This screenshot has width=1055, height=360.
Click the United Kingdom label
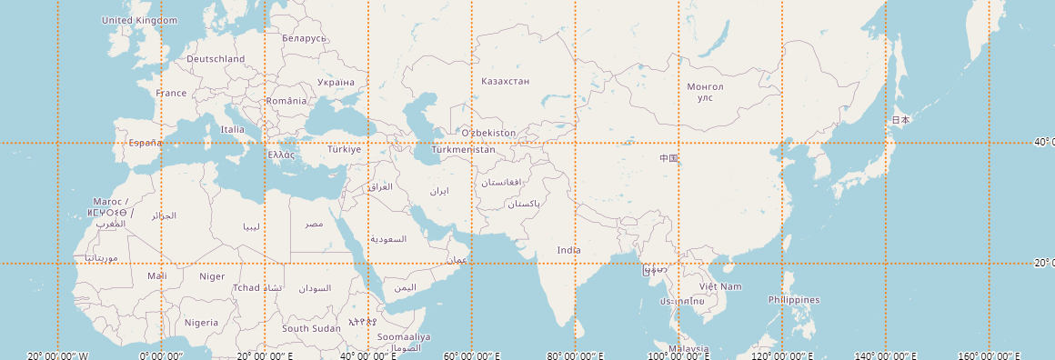pos(139,20)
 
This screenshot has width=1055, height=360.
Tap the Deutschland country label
pos(216,59)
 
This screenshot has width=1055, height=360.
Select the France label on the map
pos(171,93)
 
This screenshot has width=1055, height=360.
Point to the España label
pos(146,143)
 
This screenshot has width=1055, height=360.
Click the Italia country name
pos(233,129)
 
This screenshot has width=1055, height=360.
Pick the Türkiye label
pos(345,148)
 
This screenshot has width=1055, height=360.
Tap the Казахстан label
pos(505,81)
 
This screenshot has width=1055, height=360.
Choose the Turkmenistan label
pos(464,149)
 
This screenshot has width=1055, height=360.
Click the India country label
pos(569,250)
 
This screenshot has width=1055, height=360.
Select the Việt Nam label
pos(720,286)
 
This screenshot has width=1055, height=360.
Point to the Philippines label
pos(793,300)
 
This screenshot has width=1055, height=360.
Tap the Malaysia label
pos(688,349)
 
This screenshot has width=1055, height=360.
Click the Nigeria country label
pos(201,322)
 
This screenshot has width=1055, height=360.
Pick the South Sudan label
pos(311,328)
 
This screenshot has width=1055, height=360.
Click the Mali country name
pos(157,275)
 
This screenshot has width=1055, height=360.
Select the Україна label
pos(336,82)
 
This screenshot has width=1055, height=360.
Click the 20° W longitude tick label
pos(58,355)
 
